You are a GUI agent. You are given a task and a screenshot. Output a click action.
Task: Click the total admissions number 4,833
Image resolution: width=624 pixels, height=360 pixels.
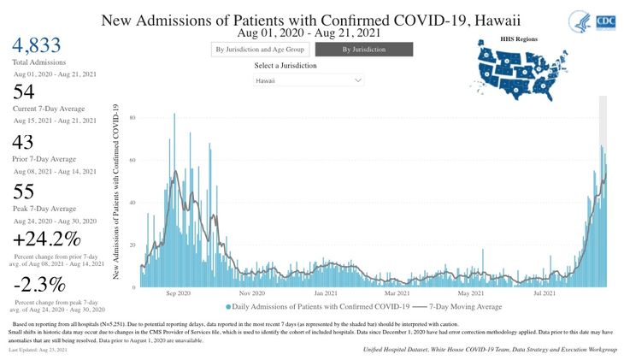[36, 46]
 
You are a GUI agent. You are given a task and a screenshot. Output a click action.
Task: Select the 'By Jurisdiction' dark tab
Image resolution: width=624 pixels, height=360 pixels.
[363, 50]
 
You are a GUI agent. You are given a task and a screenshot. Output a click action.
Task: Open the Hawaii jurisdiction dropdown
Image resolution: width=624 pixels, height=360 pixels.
[309, 80]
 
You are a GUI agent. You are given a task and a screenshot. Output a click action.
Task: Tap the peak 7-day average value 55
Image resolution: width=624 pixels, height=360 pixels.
[26, 192]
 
